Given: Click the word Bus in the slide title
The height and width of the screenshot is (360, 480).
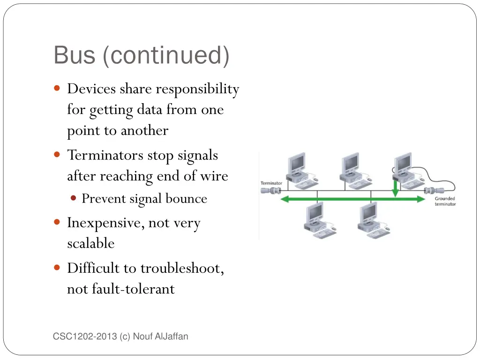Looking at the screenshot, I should (74, 55).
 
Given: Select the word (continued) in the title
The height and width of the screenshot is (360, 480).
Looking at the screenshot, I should (165, 55).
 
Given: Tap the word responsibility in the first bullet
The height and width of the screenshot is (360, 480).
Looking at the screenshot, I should (197, 89).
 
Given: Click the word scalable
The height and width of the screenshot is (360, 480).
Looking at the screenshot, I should (91, 243).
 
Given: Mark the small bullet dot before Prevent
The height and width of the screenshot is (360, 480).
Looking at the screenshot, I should (74, 198).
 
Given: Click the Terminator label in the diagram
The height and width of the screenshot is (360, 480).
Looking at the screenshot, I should (271, 183).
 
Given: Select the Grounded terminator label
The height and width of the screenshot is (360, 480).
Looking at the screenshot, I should (445, 201).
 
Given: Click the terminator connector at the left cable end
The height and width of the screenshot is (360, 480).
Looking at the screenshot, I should (271, 190).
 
